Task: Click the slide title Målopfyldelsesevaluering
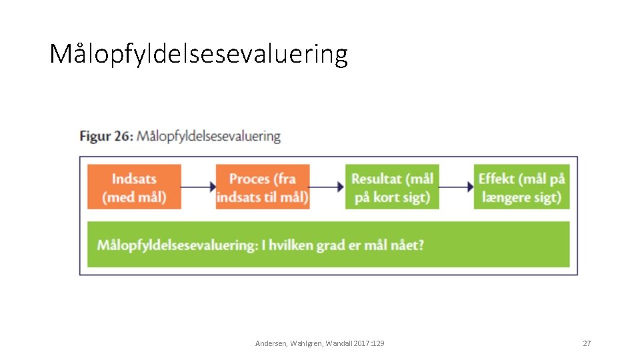click(199, 54)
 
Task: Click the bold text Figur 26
click(106, 136)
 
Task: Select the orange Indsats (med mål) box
click(134, 187)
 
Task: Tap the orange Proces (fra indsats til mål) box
click(263, 187)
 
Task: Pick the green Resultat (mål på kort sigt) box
click(392, 187)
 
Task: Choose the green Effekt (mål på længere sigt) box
click(521, 187)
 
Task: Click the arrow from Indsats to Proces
click(198, 187)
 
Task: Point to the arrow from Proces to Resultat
click(327, 187)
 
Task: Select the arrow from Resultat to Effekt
click(457, 187)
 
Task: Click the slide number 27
click(587, 343)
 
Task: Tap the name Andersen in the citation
click(271, 343)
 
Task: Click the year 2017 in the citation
click(362, 343)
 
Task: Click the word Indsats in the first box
click(134, 179)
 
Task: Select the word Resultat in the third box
click(377, 179)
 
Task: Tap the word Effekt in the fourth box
click(497, 179)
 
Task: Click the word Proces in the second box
click(249, 179)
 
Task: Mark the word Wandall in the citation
click(340, 343)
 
